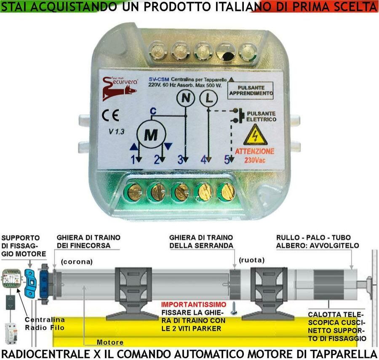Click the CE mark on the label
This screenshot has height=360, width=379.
coord(110,115)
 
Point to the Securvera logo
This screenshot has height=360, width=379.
coord(120,89)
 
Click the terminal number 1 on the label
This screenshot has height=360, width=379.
coord(134,160)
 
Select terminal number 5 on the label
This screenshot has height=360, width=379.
coord(227,160)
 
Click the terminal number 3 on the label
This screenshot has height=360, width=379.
coord(181,160)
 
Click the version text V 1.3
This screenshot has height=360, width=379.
coord(116,132)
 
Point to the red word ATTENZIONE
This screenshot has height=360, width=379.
coord(254,151)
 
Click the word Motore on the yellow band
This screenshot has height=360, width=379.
coord(110,342)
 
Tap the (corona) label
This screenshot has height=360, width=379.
coord(77,261)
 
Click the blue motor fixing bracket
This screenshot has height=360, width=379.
coord(31,282)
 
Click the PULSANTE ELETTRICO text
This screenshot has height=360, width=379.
coord(261,116)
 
